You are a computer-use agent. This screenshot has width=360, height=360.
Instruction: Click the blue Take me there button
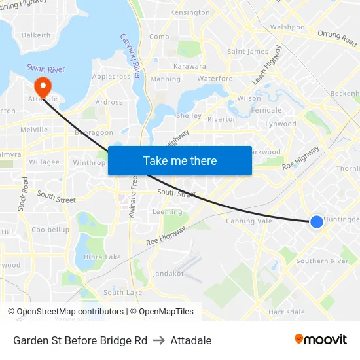coord(179,160)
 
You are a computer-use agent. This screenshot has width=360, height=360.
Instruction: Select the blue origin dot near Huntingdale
coord(316,222)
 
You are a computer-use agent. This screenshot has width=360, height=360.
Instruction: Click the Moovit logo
coord(320,340)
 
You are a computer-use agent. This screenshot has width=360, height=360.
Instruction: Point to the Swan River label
coord(46,68)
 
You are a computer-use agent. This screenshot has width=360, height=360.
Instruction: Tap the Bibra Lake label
coord(103,257)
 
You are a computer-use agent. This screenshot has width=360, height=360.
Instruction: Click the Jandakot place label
coord(168,274)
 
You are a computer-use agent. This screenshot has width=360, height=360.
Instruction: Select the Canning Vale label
coord(248,221)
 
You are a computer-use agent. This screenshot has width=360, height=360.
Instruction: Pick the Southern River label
coord(321,261)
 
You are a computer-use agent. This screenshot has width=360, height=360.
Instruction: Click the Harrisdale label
coord(286,312)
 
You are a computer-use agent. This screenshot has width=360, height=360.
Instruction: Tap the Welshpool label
coord(288,27)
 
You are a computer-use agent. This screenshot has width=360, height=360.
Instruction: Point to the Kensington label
coord(190,13)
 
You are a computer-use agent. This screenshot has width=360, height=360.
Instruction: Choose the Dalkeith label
coord(35,35)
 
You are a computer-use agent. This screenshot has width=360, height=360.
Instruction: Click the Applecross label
coord(111,77)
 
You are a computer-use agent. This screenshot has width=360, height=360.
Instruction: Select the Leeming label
coord(167,212)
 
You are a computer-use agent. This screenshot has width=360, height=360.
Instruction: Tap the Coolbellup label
coord(50,230)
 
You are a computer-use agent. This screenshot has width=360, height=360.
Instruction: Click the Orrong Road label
coord(337,39)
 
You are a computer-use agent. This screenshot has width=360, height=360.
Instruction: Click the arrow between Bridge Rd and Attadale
coord(158,340)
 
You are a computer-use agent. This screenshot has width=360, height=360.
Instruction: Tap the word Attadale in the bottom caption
coord(190,340)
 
